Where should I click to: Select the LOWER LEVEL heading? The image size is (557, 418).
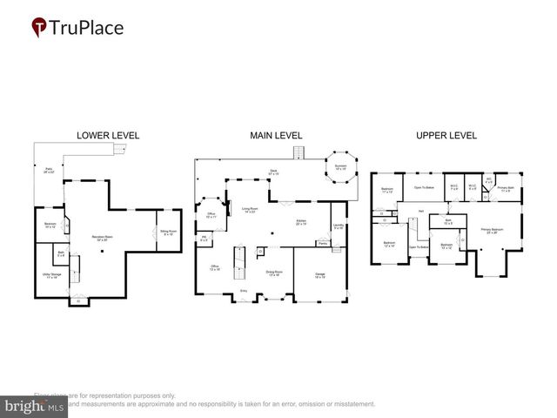click(108, 136)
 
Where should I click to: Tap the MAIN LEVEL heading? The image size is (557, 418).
click(276, 136)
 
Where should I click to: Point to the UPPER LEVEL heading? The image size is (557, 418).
click(446, 136)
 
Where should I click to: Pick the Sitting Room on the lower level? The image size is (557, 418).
click(168, 233)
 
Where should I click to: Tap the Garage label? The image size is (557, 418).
click(319, 275)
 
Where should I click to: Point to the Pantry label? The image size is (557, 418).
click(322, 243)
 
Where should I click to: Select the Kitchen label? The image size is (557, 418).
click(300, 221)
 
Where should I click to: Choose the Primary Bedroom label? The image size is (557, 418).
click(493, 231)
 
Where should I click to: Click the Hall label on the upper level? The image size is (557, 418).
click(420, 212)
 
